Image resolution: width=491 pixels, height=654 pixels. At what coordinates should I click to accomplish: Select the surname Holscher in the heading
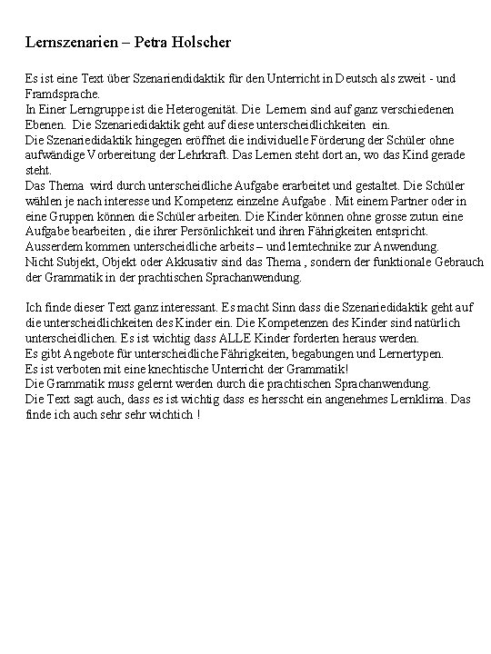click(x=204, y=43)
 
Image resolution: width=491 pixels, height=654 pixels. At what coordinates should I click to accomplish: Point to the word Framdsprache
click(x=63, y=94)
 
